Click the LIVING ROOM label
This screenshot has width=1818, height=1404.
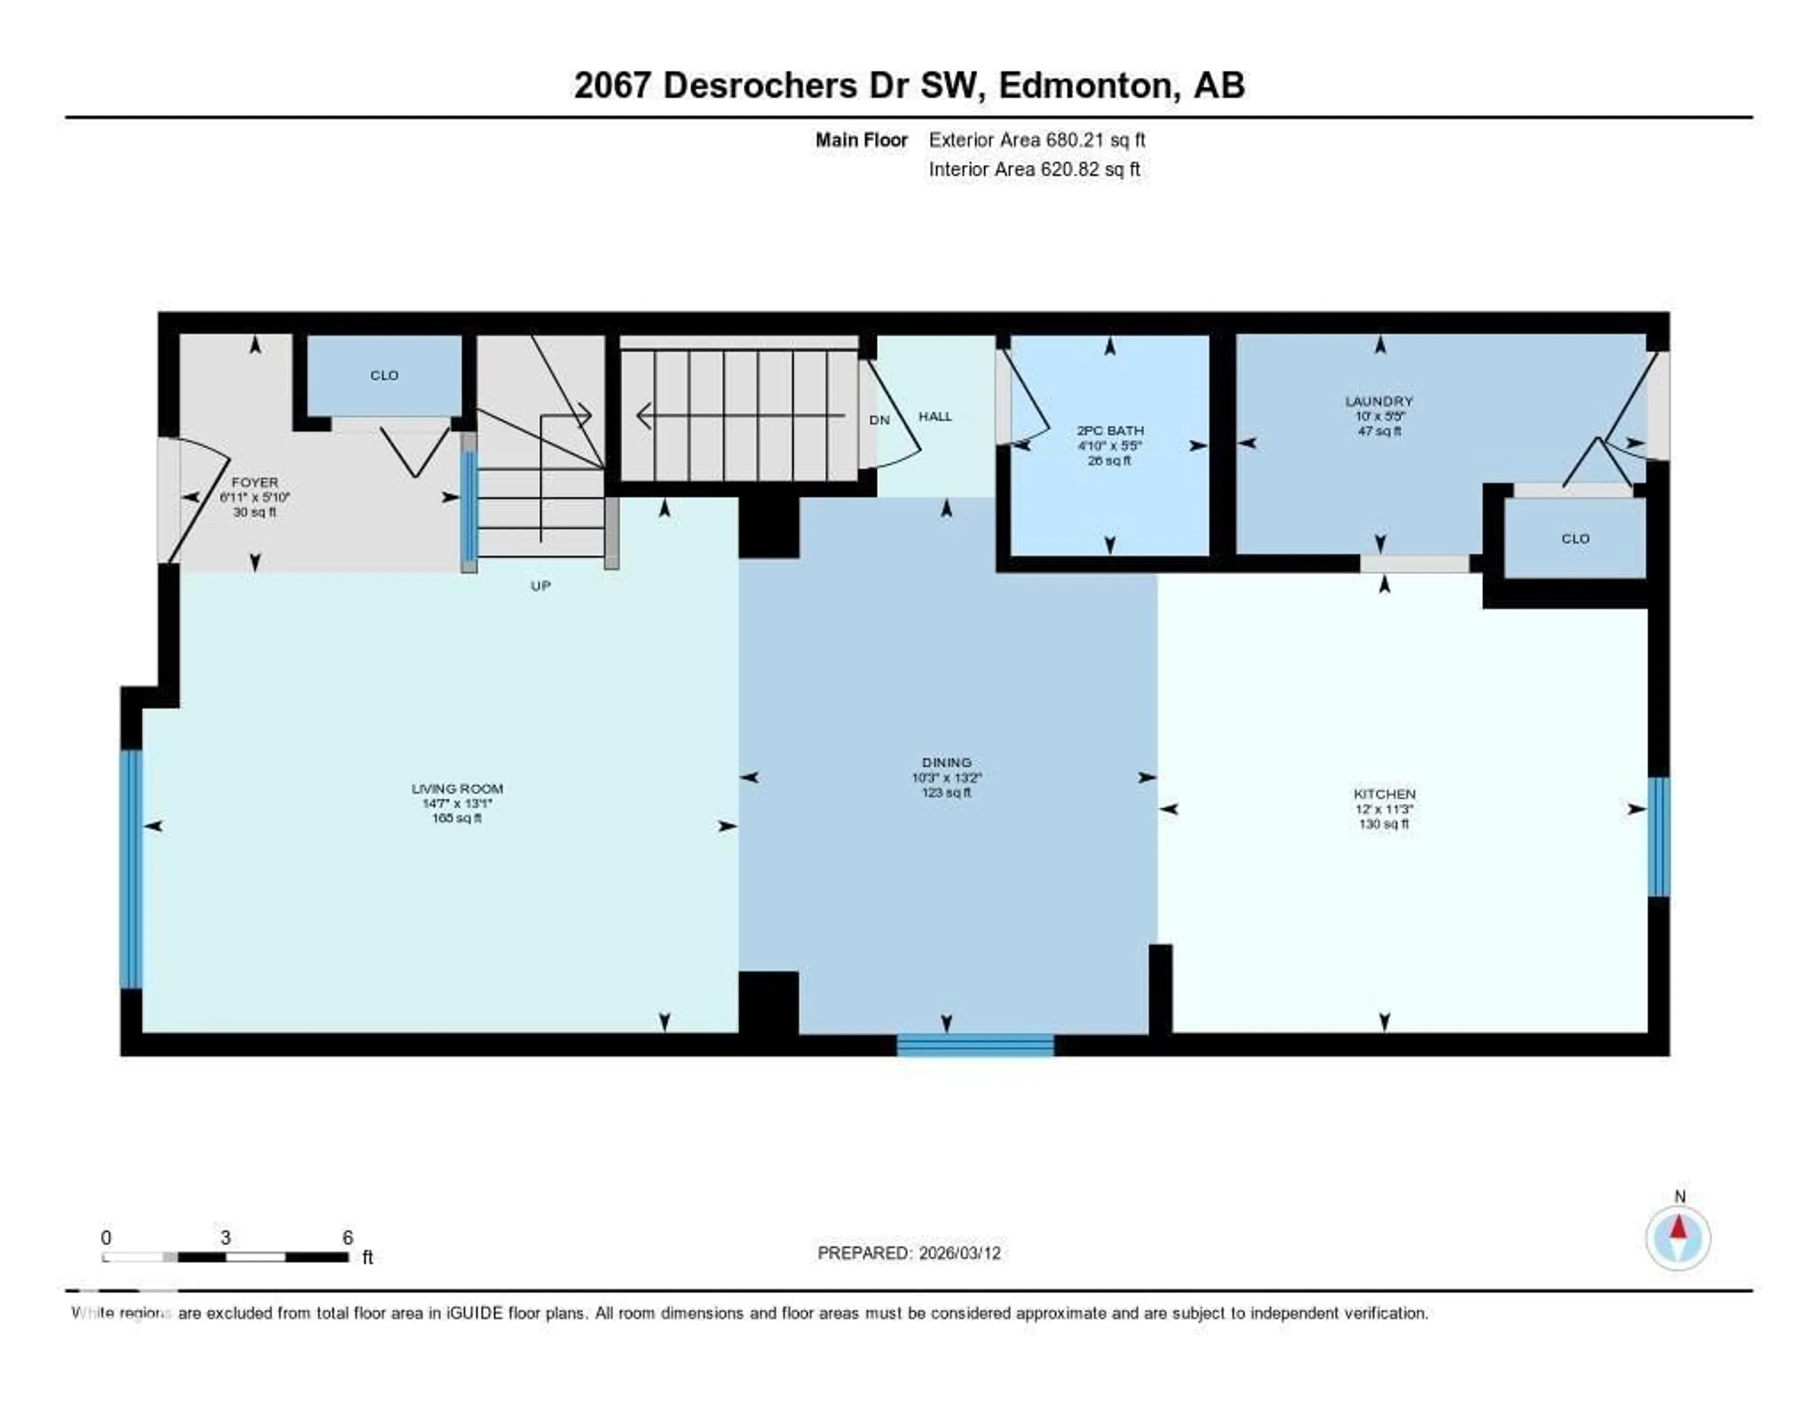coord(457,788)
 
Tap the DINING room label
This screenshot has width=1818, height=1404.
coord(946,762)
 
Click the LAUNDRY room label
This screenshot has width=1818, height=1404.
coord(1379,400)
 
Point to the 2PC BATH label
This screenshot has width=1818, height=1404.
coord(1110,430)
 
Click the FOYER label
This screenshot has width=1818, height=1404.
coord(255,482)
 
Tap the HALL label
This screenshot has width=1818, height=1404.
coord(935,416)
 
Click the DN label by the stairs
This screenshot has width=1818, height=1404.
coord(879,419)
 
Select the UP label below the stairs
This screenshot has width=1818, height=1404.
coord(540,585)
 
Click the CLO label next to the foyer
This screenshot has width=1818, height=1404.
coord(384,375)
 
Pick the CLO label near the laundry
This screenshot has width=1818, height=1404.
coord(1575,539)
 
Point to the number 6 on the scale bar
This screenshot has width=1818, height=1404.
coord(348,1237)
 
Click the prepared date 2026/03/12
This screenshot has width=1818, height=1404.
coord(959,1253)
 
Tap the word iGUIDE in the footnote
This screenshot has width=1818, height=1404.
coord(474,1313)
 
